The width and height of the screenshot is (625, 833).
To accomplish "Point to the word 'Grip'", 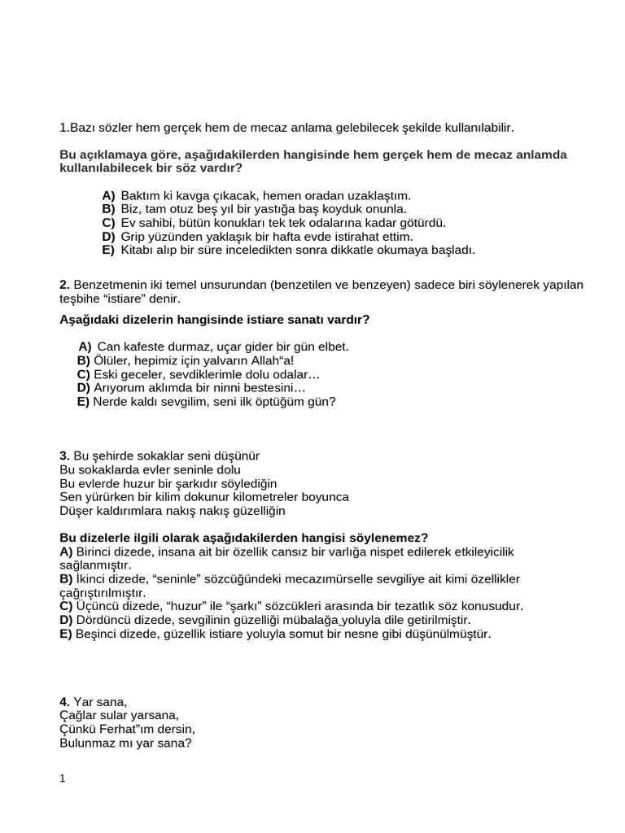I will click(x=133, y=236).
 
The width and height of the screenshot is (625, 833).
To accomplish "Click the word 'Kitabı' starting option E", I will click(x=138, y=250).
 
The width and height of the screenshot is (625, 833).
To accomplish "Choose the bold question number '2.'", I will click(x=65, y=284).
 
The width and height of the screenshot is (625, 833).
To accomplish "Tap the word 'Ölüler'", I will click(x=111, y=360).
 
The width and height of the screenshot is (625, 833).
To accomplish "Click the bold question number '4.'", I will click(x=65, y=701).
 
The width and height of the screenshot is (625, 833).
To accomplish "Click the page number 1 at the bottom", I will click(x=63, y=778).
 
